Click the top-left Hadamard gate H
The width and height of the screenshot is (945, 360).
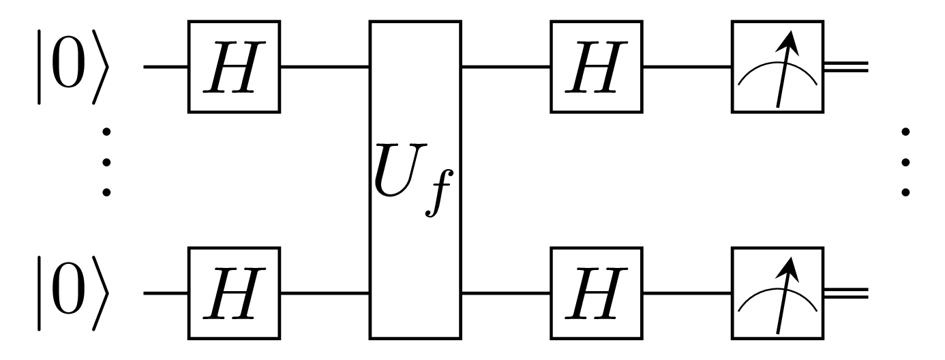pyautogui.click(x=235, y=67)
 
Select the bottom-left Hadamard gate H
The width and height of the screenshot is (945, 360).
pyautogui.click(x=235, y=294)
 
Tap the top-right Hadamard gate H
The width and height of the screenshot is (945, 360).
pyautogui.click(x=597, y=67)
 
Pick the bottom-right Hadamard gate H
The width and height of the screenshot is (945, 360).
pyautogui.click(x=597, y=294)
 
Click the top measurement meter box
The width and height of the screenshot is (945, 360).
pyautogui.click(x=777, y=67)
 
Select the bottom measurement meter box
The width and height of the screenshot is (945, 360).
pyautogui.click(x=777, y=294)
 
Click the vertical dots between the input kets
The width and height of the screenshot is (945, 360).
pyautogui.click(x=106, y=161)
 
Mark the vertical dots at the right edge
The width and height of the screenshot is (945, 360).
pyautogui.click(x=905, y=161)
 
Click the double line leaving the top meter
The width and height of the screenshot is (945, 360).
pyautogui.click(x=846, y=67)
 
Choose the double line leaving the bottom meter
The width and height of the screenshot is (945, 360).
pyautogui.click(x=846, y=294)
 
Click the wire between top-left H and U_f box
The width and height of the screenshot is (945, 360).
pyautogui.click(x=325, y=67)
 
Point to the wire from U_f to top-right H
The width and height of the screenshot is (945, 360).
pyautogui.click(x=506, y=67)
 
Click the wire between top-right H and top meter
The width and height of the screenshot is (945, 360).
pyautogui.click(x=687, y=67)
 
